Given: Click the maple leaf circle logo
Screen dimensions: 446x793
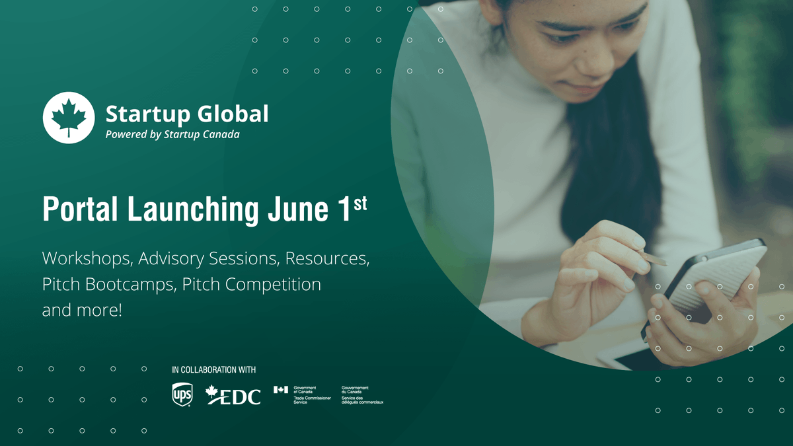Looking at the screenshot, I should tap(69, 117).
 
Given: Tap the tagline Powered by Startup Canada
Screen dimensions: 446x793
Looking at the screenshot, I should tap(172, 134).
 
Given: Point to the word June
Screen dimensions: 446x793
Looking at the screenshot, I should tap(296, 209).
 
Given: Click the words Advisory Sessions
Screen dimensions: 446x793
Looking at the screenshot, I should tap(211, 258).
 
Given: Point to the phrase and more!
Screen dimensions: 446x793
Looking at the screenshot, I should tap(82, 311).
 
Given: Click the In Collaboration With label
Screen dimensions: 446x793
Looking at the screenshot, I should tap(213, 369).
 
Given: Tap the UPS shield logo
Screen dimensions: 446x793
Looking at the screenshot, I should tap(181, 394).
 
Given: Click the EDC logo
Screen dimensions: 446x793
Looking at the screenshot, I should tap(234, 394).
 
